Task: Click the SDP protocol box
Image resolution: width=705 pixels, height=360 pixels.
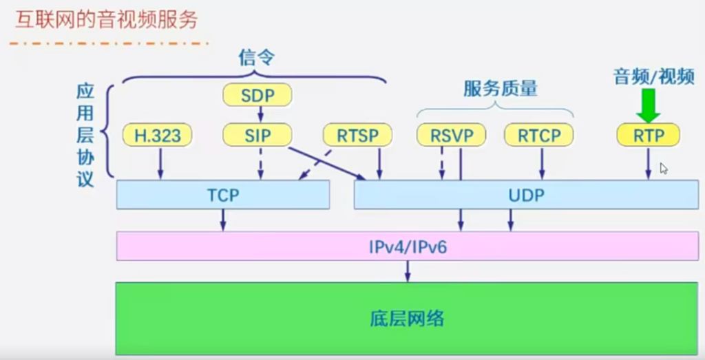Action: click(x=257, y=95)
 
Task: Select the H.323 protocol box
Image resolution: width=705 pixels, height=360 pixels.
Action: click(x=158, y=135)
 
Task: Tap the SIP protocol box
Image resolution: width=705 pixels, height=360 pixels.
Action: click(x=257, y=135)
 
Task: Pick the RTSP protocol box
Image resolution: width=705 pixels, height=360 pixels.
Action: click(x=358, y=135)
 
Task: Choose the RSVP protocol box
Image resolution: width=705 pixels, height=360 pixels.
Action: click(x=452, y=135)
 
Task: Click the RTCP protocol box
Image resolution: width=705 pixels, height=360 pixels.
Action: click(x=538, y=135)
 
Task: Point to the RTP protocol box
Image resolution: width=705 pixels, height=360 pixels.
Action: click(x=648, y=135)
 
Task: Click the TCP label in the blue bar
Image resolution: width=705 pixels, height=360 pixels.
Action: click(x=223, y=195)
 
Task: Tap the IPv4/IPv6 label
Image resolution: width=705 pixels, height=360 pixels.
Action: click(x=407, y=246)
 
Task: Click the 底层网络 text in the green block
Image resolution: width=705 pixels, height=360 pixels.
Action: click(x=407, y=318)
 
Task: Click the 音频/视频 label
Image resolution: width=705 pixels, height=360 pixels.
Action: click(x=653, y=76)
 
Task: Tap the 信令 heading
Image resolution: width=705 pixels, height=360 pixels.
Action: click(x=256, y=57)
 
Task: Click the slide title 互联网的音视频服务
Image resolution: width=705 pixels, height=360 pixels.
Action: click(x=107, y=20)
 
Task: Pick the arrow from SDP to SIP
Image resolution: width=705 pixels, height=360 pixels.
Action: click(x=260, y=114)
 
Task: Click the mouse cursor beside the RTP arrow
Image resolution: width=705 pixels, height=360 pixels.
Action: click(x=664, y=168)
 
